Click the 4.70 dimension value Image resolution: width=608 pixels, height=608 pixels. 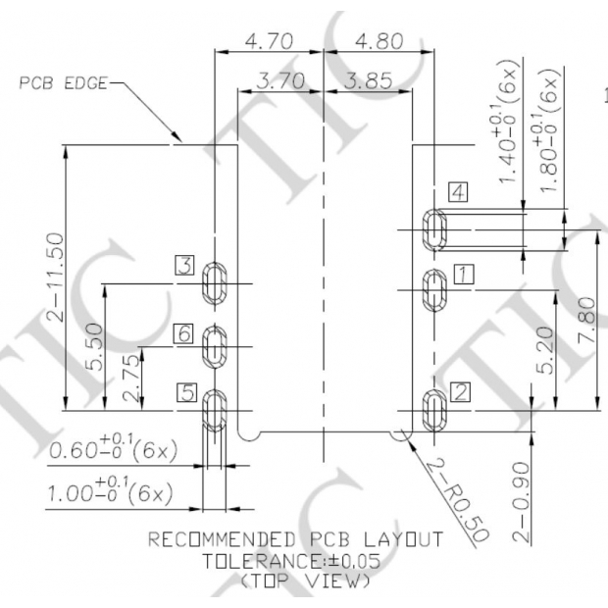coord(269,41)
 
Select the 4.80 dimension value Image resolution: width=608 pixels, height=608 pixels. coord(380,41)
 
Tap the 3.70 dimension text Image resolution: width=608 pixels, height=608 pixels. coord(280,81)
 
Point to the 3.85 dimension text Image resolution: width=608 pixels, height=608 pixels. coord(369,81)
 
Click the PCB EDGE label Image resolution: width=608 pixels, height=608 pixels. coord(63,83)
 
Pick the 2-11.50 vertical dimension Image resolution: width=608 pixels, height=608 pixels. coord(54,277)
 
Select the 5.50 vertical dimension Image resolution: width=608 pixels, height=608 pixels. coord(94,347)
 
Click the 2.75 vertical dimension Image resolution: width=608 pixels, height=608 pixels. coord(130,379)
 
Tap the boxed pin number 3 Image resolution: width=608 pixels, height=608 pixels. coord(184,265)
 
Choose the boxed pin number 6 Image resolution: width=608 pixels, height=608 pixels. coord(183,333)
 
